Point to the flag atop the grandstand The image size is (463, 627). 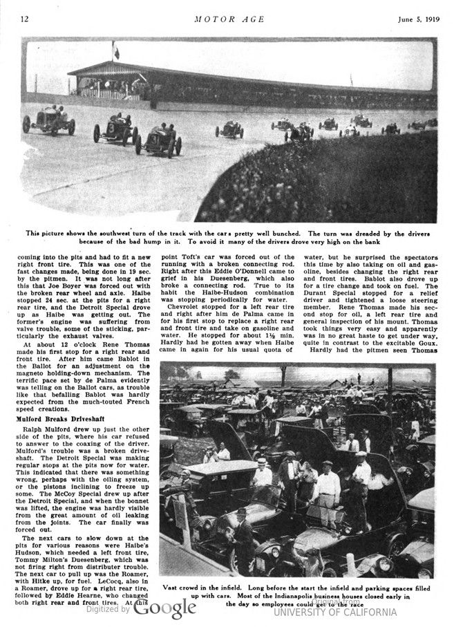point(116,50)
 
